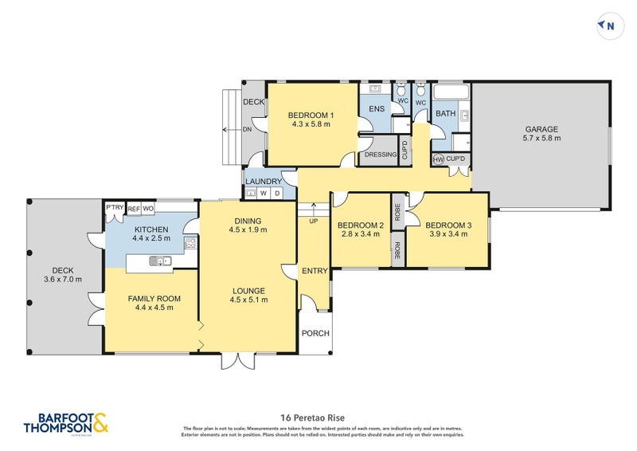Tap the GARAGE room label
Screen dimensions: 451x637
(541, 129)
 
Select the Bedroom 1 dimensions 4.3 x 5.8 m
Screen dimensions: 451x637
(312, 124)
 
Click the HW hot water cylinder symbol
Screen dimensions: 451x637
(438, 159)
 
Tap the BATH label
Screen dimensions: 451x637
(445, 114)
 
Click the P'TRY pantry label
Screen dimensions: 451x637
(115, 209)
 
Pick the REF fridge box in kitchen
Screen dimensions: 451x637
(134, 209)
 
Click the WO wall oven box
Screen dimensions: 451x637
(148, 209)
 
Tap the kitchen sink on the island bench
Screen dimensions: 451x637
(162, 261)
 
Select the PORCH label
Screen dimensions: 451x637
(315, 333)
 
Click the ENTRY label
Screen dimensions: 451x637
(315, 271)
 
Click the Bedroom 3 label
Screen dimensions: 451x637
(448, 225)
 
